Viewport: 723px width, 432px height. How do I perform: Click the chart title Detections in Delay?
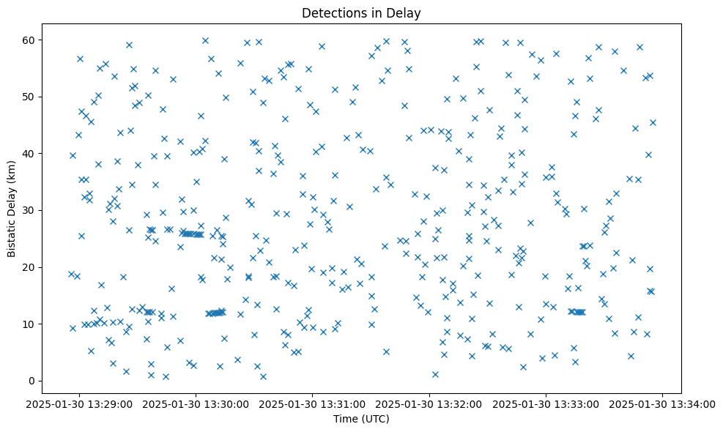361,12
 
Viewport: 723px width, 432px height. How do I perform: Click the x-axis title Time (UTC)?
361,419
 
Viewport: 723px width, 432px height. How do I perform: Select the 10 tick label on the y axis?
31,324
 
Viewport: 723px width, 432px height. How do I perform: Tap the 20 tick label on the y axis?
31,267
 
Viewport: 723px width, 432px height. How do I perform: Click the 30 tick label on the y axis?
31,210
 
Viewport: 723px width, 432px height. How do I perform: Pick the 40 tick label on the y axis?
31,154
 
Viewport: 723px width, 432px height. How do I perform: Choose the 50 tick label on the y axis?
31,97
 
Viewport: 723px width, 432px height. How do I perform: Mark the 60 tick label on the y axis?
31,40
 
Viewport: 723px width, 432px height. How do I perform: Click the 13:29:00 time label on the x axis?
80,403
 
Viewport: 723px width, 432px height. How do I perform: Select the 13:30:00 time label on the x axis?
196,403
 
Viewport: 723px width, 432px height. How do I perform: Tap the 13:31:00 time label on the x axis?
313,403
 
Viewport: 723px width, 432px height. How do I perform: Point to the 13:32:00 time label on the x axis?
429,403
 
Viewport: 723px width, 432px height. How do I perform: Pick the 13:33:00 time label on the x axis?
546,403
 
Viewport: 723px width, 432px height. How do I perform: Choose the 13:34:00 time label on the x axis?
662,403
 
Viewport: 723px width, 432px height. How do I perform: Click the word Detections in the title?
330,12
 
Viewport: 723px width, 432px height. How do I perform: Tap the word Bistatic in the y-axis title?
12,228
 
